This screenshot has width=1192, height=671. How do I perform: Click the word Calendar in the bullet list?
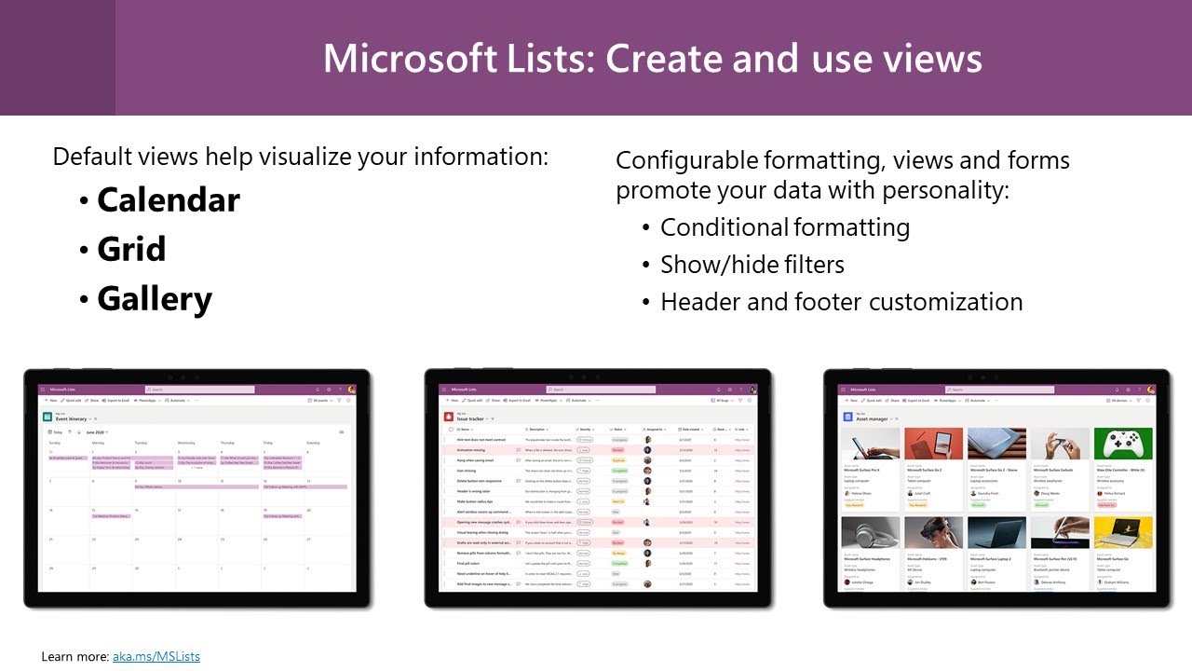tap(168, 200)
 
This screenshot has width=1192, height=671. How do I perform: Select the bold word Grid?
tap(131, 250)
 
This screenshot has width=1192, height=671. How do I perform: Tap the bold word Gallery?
tap(155, 299)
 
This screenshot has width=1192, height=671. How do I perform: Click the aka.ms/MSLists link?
tap(156, 656)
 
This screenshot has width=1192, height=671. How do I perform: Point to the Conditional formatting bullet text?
tap(784, 227)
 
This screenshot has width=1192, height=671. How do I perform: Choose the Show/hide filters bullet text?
tap(752, 265)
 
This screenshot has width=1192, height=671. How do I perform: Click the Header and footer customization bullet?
tap(841, 302)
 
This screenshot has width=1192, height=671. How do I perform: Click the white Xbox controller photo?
tap(1122, 444)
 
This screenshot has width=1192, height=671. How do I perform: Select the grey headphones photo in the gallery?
tap(870, 533)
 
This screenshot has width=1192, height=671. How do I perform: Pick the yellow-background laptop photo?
tap(1122, 533)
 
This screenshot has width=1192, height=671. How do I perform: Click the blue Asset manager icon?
tap(847, 418)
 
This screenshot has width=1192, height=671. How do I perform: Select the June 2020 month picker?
tap(96, 432)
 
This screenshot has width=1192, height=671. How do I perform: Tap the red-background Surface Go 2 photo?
tap(933, 444)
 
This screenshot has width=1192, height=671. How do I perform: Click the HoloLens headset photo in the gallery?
tap(933, 533)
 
